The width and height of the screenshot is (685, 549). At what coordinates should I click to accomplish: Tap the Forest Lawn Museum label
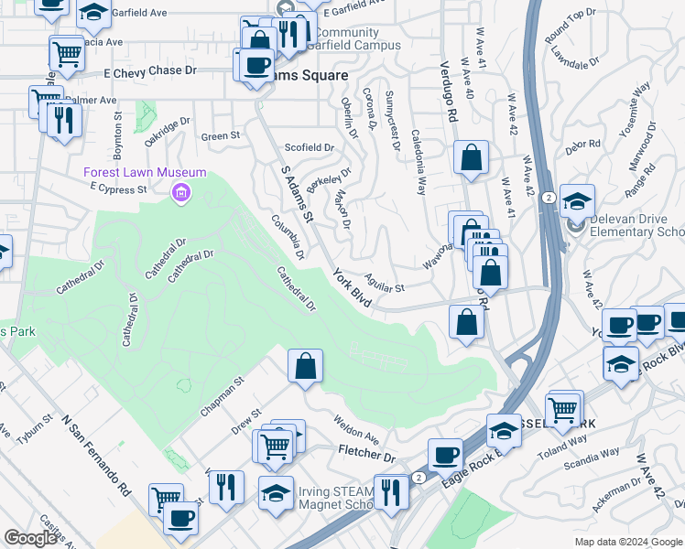tap(145, 172)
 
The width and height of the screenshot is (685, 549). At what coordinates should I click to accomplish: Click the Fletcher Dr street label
tap(366, 455)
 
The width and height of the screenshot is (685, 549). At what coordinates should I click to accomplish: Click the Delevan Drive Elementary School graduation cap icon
tap(577, 201)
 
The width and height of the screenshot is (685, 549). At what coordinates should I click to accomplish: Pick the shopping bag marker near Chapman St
tap(306, 366)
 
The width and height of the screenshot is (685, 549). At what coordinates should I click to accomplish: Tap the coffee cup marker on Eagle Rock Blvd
tap(446, 455)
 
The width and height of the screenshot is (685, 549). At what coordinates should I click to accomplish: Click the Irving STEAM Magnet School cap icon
tap(276, 492)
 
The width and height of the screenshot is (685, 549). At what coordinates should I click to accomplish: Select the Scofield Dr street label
tap(310, 147)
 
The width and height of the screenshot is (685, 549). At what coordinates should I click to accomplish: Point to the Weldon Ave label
tap(357, 430)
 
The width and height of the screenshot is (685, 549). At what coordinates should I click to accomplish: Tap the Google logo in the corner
tap(30, 538)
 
